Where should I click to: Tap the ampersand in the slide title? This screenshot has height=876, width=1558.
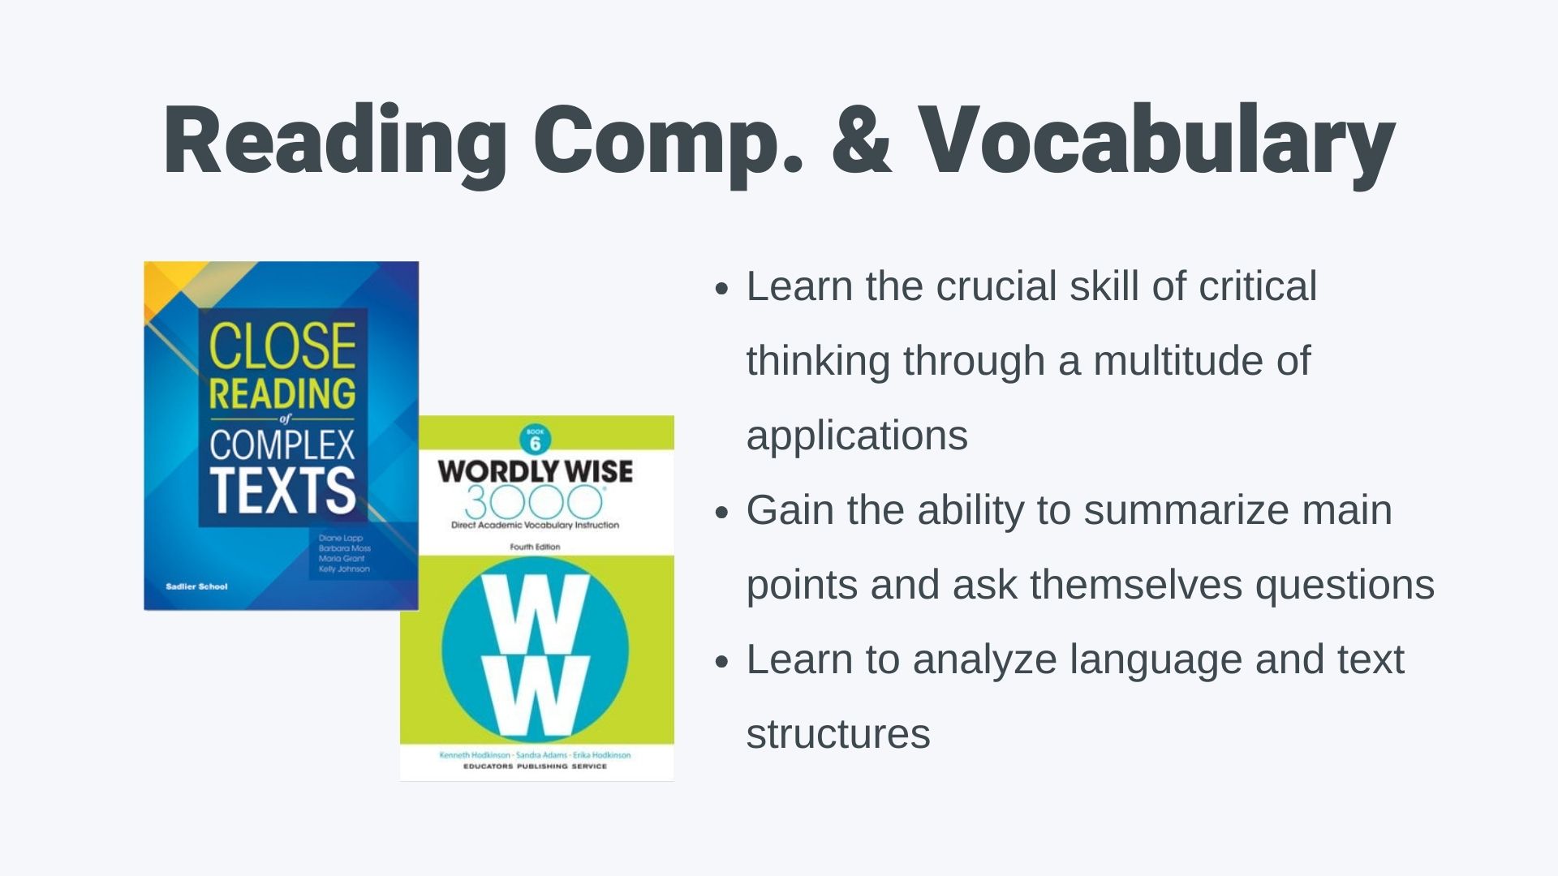click(862, 140)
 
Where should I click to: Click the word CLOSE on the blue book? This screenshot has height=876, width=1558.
click(282, 346)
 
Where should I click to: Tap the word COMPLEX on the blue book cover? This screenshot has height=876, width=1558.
click(282, 444)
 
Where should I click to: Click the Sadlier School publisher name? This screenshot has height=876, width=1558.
click(196, 586)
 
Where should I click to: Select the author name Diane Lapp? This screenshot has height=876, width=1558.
click(340, 538)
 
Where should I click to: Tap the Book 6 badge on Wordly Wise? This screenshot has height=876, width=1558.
click(535, 440)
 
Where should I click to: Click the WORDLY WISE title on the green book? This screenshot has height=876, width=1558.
click(536, 471)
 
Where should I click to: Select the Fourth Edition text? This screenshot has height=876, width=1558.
click(535, 547)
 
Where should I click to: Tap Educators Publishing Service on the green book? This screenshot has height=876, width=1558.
click(535, 766)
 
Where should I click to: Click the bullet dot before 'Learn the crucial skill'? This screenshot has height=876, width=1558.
click(722, 290)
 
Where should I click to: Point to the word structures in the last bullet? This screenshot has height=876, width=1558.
click(838, 734)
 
